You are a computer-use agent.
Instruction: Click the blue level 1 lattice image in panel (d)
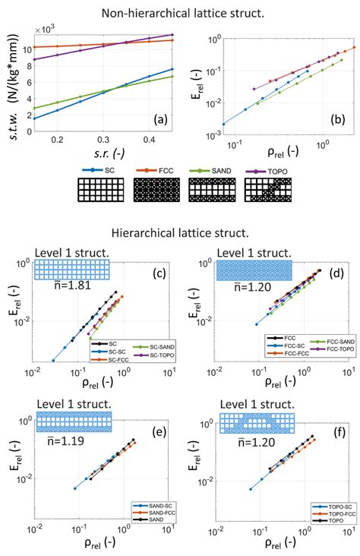(254, 269)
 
